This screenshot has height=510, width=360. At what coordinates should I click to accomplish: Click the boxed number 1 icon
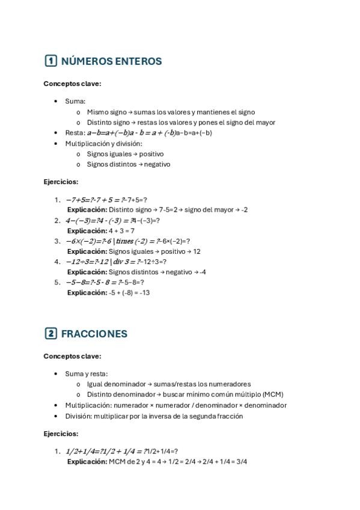click(51, 61)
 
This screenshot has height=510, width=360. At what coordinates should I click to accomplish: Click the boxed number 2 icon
click(51, 333)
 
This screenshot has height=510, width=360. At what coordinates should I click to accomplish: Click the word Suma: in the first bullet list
click(76, 101)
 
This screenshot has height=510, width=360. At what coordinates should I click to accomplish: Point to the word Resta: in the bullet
click(75, 133)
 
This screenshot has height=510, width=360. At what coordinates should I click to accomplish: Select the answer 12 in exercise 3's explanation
click(197, 251)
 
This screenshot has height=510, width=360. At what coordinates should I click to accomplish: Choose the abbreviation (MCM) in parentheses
click(273, 395)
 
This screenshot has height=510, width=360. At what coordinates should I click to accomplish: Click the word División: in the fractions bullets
click(79, 416)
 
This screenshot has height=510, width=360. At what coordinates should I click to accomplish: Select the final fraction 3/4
click(240, 462)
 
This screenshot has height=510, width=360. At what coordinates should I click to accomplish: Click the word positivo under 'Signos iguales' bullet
click(151, 154)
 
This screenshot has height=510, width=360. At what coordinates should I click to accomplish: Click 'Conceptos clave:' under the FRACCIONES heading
click(72, 356)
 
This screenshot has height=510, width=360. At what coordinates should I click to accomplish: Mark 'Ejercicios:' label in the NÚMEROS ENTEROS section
click(61, 182)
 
